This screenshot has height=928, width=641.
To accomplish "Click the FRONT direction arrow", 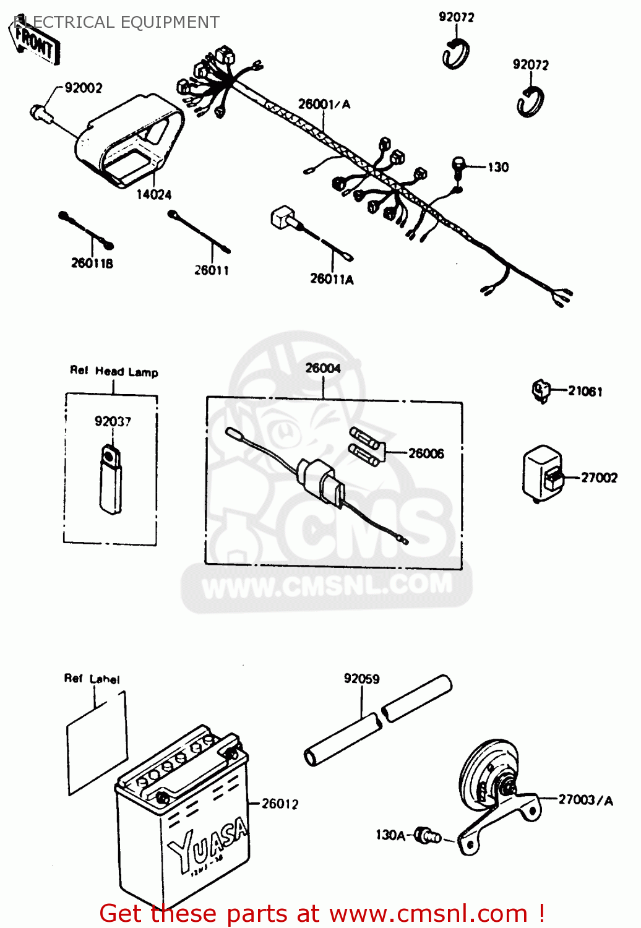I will click(x=36, y=43).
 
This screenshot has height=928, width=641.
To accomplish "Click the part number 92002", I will click(x=84, y=88).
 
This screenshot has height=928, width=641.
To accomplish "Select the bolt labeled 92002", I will click(x=41, y=113).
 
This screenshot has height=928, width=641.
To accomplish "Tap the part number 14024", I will click(x=153, y=194).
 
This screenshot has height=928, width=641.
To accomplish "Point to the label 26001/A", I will click(x=324, y=104).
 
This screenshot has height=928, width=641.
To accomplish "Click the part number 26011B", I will click(x=92, y=263).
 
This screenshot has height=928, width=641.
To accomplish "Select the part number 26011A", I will click(x=332, y=279).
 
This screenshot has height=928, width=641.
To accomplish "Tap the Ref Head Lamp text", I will click(x=114, y=371).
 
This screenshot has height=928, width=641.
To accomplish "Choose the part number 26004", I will click(x=323, y=368).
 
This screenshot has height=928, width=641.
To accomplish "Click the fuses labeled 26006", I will click(x=368, y=446).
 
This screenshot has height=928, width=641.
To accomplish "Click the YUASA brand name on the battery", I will click(x=208, y=845).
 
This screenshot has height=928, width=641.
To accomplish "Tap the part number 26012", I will click(x=280, y=804).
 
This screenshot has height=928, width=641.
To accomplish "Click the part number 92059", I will click(x=361, y=679).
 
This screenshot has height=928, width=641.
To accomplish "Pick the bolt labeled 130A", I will click(x=426, y=835).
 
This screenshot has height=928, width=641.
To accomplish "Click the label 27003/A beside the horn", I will click(x=585, y=800).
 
